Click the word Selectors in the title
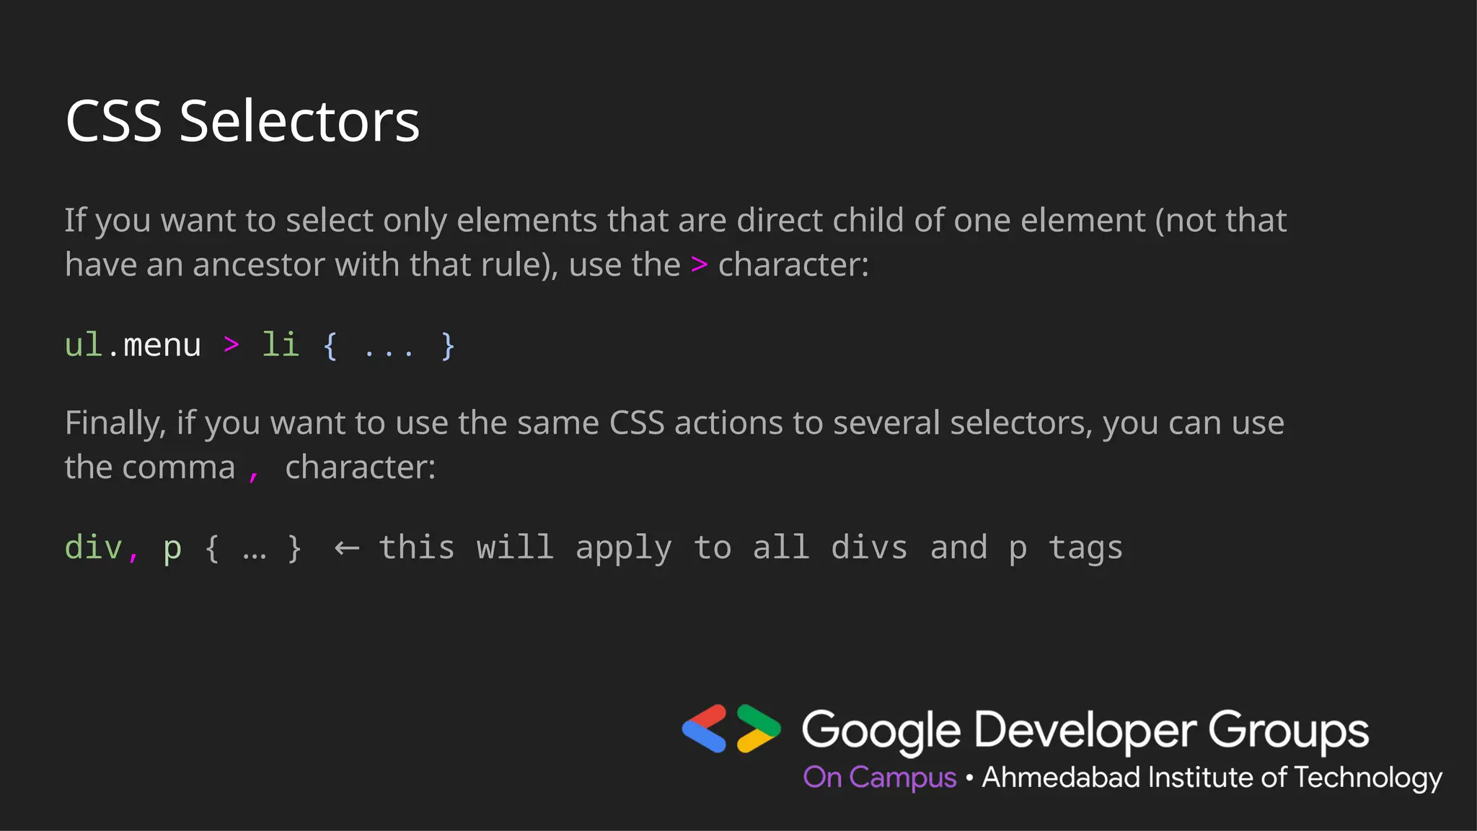(299, 121)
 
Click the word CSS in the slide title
(114, 121)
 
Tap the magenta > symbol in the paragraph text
(699, 265)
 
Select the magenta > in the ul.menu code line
(232, 345)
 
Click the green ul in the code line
(84, 345)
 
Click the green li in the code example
(280, 345)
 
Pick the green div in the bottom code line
(94, 548)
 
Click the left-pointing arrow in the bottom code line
(347, 549)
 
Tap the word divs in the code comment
(869, 548)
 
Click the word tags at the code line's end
(1085, 549)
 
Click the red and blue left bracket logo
(705, 729)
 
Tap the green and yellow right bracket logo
(758, 729)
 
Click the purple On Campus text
(880, 778)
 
